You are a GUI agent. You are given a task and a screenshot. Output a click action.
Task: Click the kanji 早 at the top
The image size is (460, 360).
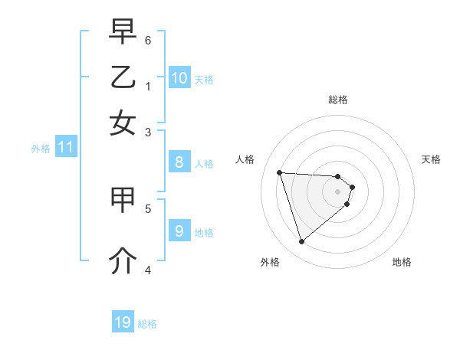[123, 33]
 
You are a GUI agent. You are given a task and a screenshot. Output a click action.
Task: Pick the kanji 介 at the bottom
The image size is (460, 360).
[123, 262]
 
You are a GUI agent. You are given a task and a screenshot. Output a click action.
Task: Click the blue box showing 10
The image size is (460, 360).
[179, 78]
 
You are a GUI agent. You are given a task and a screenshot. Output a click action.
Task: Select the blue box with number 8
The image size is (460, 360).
[179, 162]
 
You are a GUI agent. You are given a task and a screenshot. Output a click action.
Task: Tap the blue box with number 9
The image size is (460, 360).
[179, 231]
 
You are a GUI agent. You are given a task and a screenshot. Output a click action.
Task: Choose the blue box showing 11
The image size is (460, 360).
[65, 147]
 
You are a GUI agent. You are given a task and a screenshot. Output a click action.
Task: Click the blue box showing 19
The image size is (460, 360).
[123, 322]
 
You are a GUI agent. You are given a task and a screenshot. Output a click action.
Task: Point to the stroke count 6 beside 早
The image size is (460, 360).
[148, 40]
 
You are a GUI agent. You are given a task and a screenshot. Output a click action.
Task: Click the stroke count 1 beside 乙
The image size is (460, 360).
[148, 86]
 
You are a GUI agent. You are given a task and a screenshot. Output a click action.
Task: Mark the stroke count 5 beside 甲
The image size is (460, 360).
[148, 208]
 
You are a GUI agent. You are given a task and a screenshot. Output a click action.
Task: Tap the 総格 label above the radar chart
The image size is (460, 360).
[338, 100]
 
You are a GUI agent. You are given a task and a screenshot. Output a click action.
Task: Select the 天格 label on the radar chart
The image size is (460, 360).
[432, 159]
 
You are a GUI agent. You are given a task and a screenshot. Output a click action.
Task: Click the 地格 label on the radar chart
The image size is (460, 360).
[402, 262]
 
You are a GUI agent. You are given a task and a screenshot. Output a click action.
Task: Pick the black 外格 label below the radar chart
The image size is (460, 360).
[270, 262]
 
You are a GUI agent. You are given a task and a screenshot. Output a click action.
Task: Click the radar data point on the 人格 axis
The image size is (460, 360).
[280, 172]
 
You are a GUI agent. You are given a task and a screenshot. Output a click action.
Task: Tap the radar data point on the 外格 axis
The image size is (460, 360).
[301, 241]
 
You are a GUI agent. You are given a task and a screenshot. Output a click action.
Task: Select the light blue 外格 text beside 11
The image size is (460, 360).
[41, 149]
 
